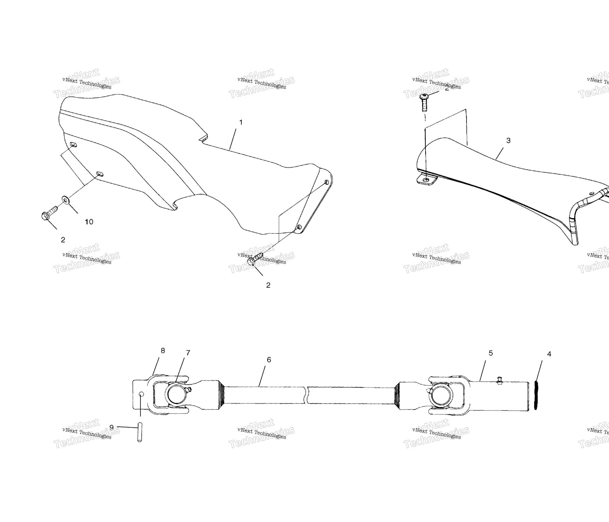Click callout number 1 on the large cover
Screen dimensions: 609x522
(241, 122)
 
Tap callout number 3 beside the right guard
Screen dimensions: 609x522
(508, 140)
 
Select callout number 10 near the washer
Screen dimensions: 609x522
(89, 222)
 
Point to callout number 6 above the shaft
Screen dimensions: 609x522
(269, 360)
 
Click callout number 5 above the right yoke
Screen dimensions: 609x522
(491, 353)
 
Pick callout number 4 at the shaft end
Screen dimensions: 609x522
(549, 354)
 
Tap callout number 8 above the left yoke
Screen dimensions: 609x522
(163, 350)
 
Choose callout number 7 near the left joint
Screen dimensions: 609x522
(188, 353)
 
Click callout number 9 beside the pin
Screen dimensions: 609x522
(111, 427)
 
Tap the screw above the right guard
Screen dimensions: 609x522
(424, 102)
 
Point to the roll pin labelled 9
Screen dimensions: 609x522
(139, 432)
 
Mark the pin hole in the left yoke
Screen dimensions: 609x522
(141, 394)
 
